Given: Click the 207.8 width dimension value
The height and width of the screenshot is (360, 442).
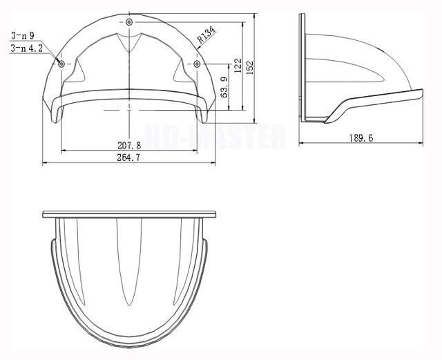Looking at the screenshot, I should point(129,145).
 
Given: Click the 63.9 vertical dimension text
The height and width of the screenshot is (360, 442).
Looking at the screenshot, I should point(224,87).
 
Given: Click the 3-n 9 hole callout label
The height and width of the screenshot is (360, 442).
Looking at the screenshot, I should point(22,35).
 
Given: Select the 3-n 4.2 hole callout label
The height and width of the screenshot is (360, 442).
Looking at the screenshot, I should point(25,48).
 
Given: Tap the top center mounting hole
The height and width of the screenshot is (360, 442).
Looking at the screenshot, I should point(130,23).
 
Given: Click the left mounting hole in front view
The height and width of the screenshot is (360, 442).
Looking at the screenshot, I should point(62,64).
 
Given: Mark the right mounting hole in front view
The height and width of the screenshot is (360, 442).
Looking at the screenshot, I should point(197,64).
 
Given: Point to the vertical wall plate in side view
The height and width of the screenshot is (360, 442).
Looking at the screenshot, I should point(302,69).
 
